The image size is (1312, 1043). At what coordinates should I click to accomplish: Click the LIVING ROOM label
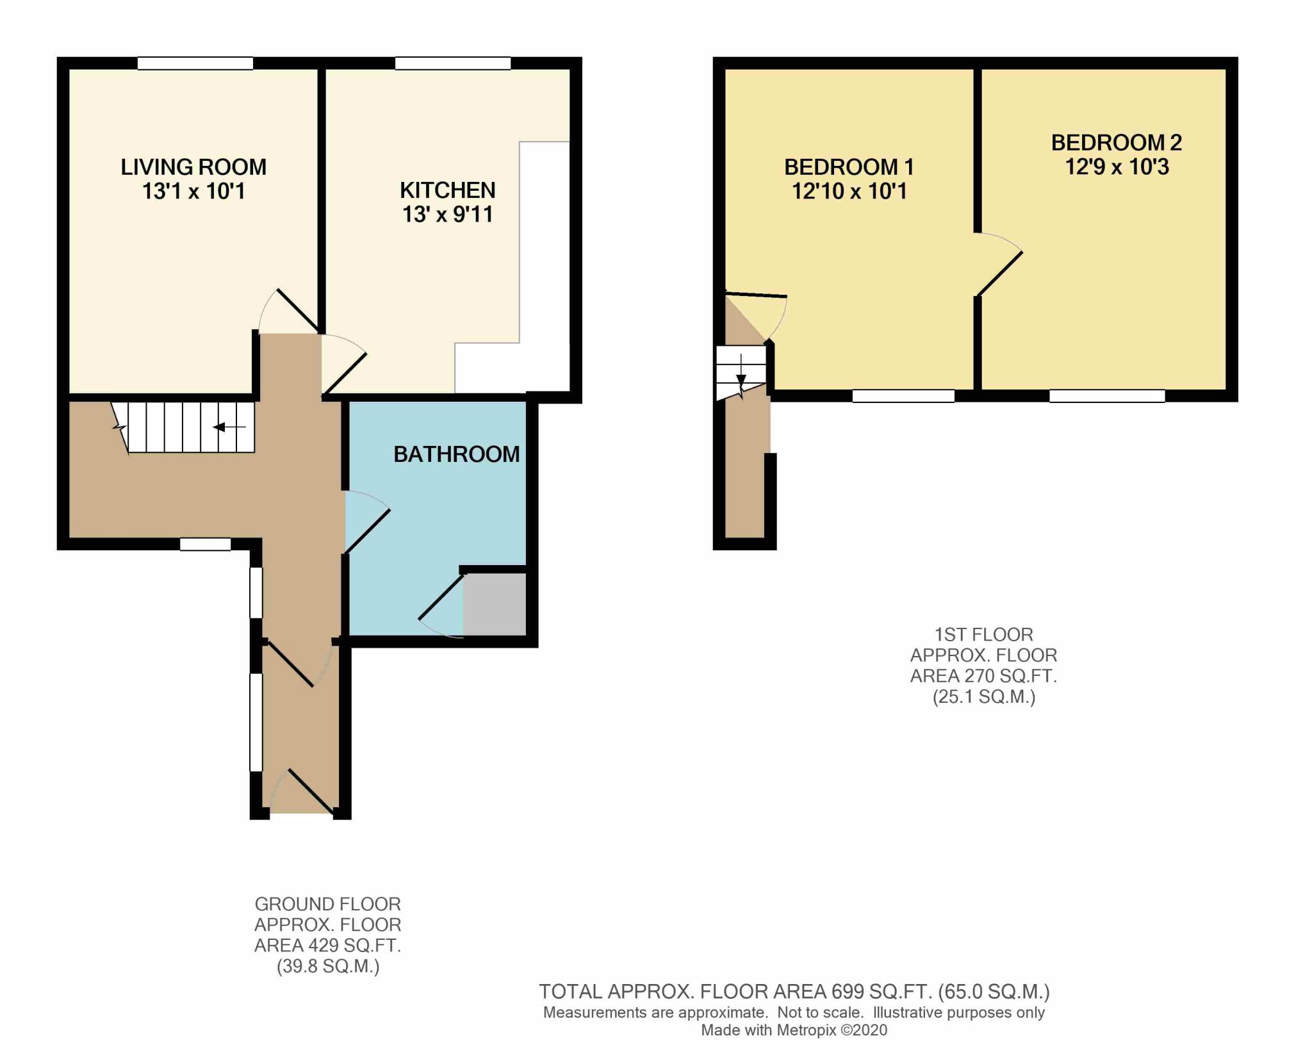click(x=193, y=167)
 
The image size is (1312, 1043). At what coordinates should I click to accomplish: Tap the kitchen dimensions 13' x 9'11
click(x=448, y=214)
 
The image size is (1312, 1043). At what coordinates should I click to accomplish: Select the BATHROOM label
click(x=456, y=454)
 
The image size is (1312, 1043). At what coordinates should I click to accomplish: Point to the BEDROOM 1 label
click(x=849, y=167)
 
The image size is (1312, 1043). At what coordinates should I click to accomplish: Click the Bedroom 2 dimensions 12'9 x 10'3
click(x=1117, y=167)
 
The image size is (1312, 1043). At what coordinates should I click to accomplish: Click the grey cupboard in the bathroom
click(x=495, y=604)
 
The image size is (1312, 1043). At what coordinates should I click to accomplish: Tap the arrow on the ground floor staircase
click(x=229, y=427)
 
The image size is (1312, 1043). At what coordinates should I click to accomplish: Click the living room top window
click(x=195, y=63)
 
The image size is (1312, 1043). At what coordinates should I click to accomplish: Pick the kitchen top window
click(x=452, y=63)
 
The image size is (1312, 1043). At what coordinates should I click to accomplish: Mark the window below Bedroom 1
click(x=903, y=396)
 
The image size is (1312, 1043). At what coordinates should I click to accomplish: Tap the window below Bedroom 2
click(x=1107, y=396)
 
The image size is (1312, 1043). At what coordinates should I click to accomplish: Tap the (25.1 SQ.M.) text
click(x=983, y=696)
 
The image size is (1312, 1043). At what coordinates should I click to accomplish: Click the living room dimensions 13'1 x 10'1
click(x=193, y=191)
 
